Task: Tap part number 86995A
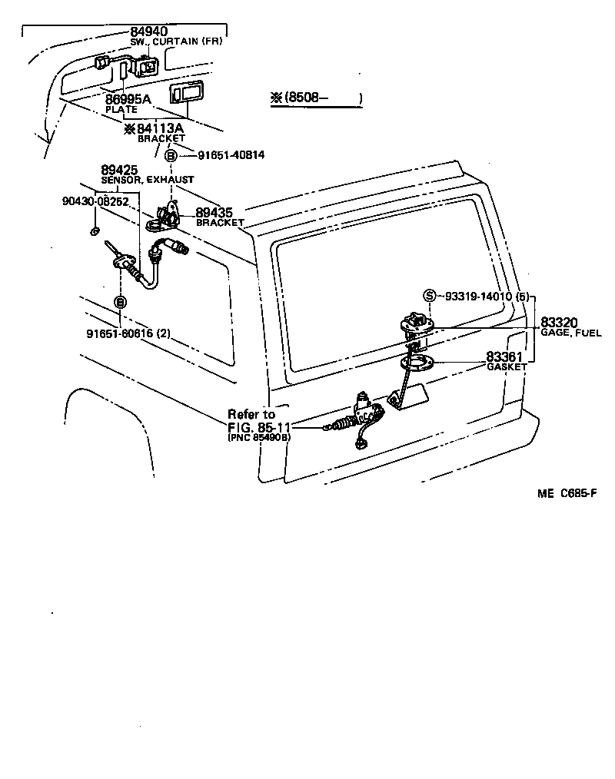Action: [x=128, y=99]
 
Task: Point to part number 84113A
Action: [x=160, y=128]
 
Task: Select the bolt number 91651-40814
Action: [x=231, y=155]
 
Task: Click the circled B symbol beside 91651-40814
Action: [x=172, y=155]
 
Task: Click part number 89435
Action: [x=214, y=213]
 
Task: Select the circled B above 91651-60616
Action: [x=120, y=303]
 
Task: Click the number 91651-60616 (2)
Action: [x=128, y=333]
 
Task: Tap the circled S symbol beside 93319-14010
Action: [x=430, y=296]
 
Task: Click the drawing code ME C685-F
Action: [x=567, y=493]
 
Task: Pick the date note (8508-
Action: [x=315, y=98]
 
